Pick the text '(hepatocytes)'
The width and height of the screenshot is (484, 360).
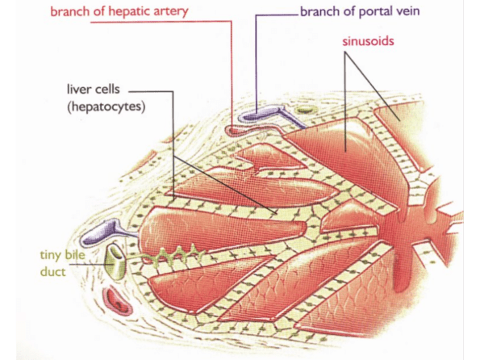[106, 107]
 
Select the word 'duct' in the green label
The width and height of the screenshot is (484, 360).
[53, 272]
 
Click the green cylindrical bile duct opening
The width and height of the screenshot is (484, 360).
[117, 260]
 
